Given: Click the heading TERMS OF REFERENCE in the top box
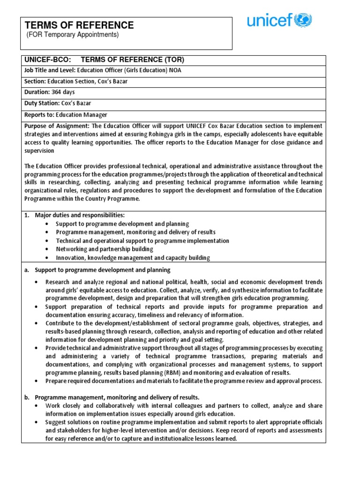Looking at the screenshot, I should (79, 25).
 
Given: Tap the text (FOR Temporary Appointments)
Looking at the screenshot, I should (72, 35).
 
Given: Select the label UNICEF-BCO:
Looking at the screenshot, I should (46, 60).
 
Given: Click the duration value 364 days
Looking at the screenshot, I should (63, 92).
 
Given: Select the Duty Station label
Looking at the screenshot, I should (41, 103).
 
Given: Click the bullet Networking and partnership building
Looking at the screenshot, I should (105, 249).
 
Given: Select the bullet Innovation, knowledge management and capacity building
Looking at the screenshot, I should (133, 258).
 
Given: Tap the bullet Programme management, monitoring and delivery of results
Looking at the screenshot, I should (135, 232).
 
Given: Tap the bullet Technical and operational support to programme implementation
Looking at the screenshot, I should (142, 240).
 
